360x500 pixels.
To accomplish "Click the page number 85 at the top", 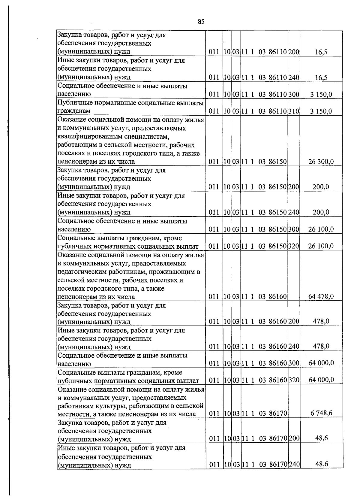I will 201,22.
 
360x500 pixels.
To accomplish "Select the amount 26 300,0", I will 321,162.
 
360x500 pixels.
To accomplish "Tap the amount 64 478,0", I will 321,297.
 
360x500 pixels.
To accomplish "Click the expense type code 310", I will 294,111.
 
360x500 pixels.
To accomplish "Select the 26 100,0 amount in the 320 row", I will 321,246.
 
